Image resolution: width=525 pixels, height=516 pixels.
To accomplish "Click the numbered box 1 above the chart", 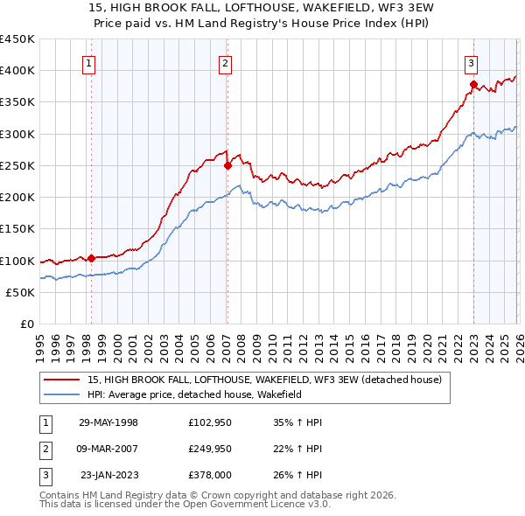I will coord(90,62).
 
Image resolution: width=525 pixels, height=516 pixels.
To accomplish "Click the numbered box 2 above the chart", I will coord(226,62).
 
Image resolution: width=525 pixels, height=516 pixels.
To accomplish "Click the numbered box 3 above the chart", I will coord(472,62).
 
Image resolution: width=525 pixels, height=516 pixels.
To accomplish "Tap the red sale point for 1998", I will coord(91,259).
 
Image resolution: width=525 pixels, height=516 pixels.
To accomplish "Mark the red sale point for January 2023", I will coord(473,85).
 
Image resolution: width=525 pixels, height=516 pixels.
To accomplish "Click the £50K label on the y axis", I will coord(21,293).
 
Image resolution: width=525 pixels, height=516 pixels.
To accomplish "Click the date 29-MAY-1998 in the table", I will coord(108,422).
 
